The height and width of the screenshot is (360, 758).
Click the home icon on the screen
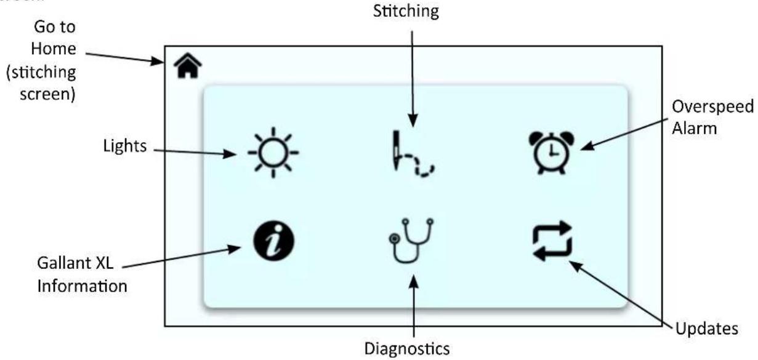188,65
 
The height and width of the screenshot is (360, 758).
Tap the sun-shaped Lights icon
273,153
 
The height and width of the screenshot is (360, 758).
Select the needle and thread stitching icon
412,153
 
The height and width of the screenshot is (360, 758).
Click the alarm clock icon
552,153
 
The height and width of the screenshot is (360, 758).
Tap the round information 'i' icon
274,241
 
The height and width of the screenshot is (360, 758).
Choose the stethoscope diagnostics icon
411,241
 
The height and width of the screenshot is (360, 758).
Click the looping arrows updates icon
552,241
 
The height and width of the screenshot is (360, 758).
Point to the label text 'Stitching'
406,11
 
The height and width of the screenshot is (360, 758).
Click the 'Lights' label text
125,146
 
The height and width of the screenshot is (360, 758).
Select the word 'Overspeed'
713,107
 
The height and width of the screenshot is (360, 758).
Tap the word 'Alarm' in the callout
695,129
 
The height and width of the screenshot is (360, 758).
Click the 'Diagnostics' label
407,349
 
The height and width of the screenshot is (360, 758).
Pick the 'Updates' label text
707,329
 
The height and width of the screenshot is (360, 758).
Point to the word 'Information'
83,286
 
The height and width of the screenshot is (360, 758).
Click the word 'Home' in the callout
54,49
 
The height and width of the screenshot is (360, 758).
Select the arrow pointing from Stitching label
413,79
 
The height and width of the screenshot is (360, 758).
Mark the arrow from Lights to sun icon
195,152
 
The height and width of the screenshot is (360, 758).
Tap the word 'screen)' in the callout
47,94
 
